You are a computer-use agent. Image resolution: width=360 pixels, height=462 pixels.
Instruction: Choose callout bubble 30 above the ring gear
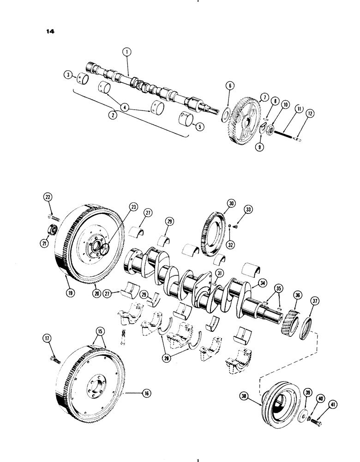coord(230,203)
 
